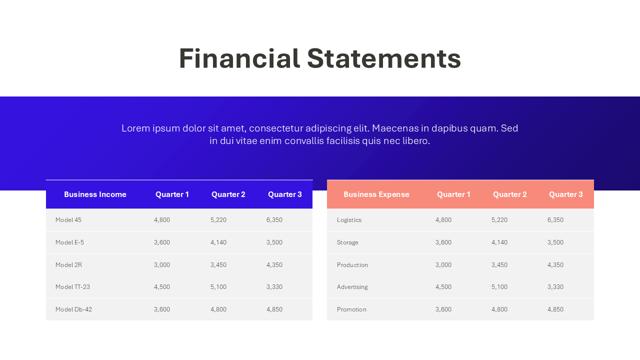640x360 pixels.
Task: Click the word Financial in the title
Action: [x=239, y=58]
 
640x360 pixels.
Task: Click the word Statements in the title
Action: [x=383, y=58]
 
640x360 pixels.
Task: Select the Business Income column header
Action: [x=95, y=194]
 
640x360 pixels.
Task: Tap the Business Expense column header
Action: [x=376, y=194]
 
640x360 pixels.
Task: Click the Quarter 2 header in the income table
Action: [x=228, y=194]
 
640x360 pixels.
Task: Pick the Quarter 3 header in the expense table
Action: [x=565, y=194]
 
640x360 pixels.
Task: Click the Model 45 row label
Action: [x=68, y=220]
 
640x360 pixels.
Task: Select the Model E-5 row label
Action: [x=69, y=242]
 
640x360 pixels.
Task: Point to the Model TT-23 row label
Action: [x=72, y=287]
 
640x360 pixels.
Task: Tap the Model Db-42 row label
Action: [x=73, y=309]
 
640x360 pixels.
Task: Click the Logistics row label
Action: [x=349, y=220]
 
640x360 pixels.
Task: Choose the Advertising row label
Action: [x=352, y=287]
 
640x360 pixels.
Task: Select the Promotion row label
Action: [x=351, y=309]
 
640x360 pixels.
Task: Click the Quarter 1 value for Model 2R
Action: [x=162, y=265]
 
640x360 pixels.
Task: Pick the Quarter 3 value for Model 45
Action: [x=274, y=220]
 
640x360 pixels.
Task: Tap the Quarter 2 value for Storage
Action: [x=499, y=242]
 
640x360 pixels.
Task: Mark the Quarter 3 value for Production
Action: [x=555, y=265]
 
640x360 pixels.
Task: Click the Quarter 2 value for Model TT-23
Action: [x=218, y=287]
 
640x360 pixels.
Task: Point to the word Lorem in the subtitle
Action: [x=136, y=128]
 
